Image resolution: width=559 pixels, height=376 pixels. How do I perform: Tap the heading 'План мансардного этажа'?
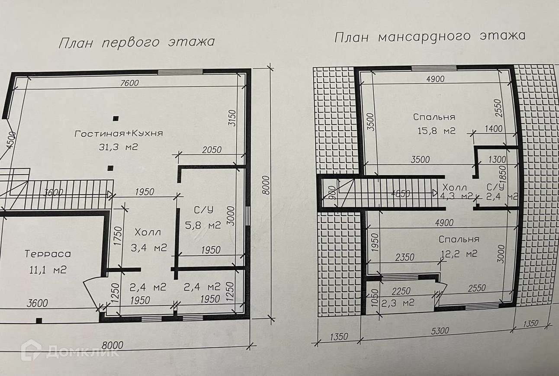tap(430, 36)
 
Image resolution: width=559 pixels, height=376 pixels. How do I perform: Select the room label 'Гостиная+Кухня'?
tap(119, 133)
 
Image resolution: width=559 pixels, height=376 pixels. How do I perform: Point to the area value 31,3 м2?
tap(119, 147)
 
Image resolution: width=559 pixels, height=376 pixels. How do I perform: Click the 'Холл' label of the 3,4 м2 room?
tap(148, 232)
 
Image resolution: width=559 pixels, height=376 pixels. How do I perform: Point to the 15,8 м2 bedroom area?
tap(434, 131)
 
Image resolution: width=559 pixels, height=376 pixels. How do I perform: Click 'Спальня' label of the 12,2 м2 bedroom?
tap(459, 239)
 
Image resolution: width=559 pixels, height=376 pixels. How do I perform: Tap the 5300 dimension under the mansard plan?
tap(440, 331)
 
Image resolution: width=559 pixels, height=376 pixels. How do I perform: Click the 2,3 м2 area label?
tap(398, 302)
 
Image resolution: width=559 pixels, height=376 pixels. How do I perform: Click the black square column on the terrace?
tap(39, 321)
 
